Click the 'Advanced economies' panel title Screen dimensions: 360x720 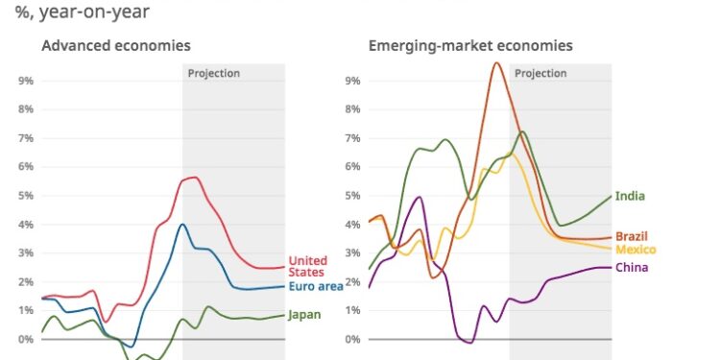click(x=115, y=45)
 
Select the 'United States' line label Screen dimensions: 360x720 click(x=308, y=266)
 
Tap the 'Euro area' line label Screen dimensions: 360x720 click(x=316, y=286)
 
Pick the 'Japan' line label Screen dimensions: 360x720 click(x=304, y=314)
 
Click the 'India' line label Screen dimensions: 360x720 click(x=630, y=196)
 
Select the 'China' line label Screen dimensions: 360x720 click(x=633, y=267)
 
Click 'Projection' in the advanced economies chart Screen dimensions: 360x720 click(x=213, y=73)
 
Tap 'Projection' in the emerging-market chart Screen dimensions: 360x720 click(x=540, y=73)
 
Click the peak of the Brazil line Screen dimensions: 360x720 click(x=496, y=63)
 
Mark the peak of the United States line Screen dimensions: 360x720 click(x=195, y=177)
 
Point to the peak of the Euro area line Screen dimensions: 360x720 click(x=181, y=225)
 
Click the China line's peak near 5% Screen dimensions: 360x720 click(x=419, y=197)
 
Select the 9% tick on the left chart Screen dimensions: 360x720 click(x=26, y=81)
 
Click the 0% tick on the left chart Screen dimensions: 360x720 click(x=26, y=339)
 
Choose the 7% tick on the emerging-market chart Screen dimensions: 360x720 click(x=352, y=138)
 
